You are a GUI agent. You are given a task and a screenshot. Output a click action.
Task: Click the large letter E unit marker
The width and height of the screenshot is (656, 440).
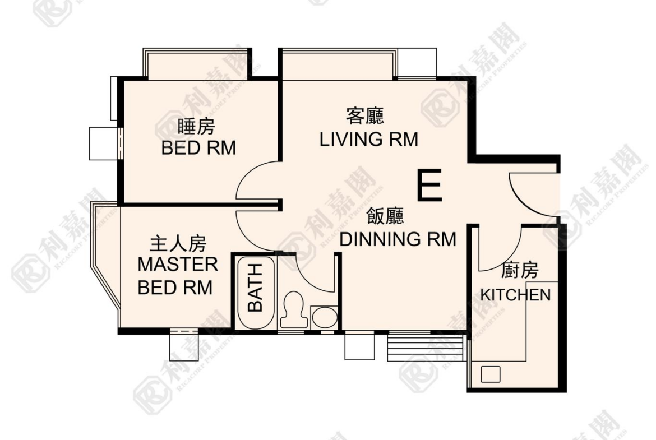click(x=429, y=185)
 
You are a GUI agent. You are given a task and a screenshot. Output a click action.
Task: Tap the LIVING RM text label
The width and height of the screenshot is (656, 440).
click(x=368, y=139)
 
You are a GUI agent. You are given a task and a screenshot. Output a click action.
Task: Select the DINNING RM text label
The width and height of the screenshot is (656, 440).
click(x=398, y=239)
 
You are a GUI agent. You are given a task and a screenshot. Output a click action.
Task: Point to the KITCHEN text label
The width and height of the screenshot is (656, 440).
click(x=515, y=295)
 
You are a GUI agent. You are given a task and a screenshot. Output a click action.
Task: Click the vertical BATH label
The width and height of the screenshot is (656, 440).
click(x=255, y=288)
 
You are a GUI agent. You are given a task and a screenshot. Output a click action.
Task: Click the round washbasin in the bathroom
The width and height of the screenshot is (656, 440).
click(x=325, y=317)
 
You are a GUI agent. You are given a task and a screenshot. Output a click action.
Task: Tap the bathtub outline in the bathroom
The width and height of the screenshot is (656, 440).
click(x=255, y=293)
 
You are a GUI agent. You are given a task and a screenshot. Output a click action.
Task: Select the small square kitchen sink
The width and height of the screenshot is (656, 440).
click(x=491, y=374)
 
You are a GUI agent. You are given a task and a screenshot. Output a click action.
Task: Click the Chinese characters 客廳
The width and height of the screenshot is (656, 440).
click(x=365, y=116)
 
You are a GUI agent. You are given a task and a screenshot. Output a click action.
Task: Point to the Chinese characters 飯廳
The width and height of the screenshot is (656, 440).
click(x=385, y=216)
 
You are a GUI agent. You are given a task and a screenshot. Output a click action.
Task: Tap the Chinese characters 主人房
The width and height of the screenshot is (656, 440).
click(x=178, y=243)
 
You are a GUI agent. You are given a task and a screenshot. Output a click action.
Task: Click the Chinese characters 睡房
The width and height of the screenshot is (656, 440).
click(x=196, y=127)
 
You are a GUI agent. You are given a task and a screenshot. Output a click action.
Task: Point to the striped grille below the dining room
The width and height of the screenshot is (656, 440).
click(x=426, y=347)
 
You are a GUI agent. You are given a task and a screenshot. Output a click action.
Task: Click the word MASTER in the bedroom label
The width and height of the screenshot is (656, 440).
click(x=178, y=265)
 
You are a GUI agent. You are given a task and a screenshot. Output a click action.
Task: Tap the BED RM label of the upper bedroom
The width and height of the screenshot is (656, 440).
click(x=198, y=148)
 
